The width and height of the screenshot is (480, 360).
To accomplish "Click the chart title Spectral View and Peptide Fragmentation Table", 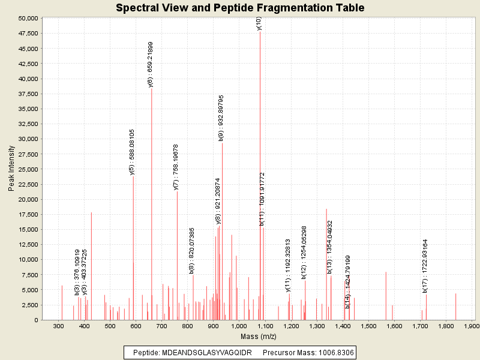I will tap(240, 8).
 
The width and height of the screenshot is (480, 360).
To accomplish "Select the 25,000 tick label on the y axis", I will tap(27, 169).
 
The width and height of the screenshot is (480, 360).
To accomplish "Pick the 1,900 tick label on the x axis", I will tap(472, 326).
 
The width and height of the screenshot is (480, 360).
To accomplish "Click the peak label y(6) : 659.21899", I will tap(151, 65).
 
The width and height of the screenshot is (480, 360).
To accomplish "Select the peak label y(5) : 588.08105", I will tap(133, 152).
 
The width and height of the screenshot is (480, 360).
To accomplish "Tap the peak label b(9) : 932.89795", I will tap(221, 118).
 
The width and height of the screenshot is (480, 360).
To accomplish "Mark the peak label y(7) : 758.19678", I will tap(176, 167).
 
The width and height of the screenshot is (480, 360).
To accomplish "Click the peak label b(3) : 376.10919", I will tap(77, 272).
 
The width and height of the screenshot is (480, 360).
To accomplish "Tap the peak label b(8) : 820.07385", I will tap(192, 250).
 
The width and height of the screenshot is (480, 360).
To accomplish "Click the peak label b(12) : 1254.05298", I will tap(304, 253).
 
